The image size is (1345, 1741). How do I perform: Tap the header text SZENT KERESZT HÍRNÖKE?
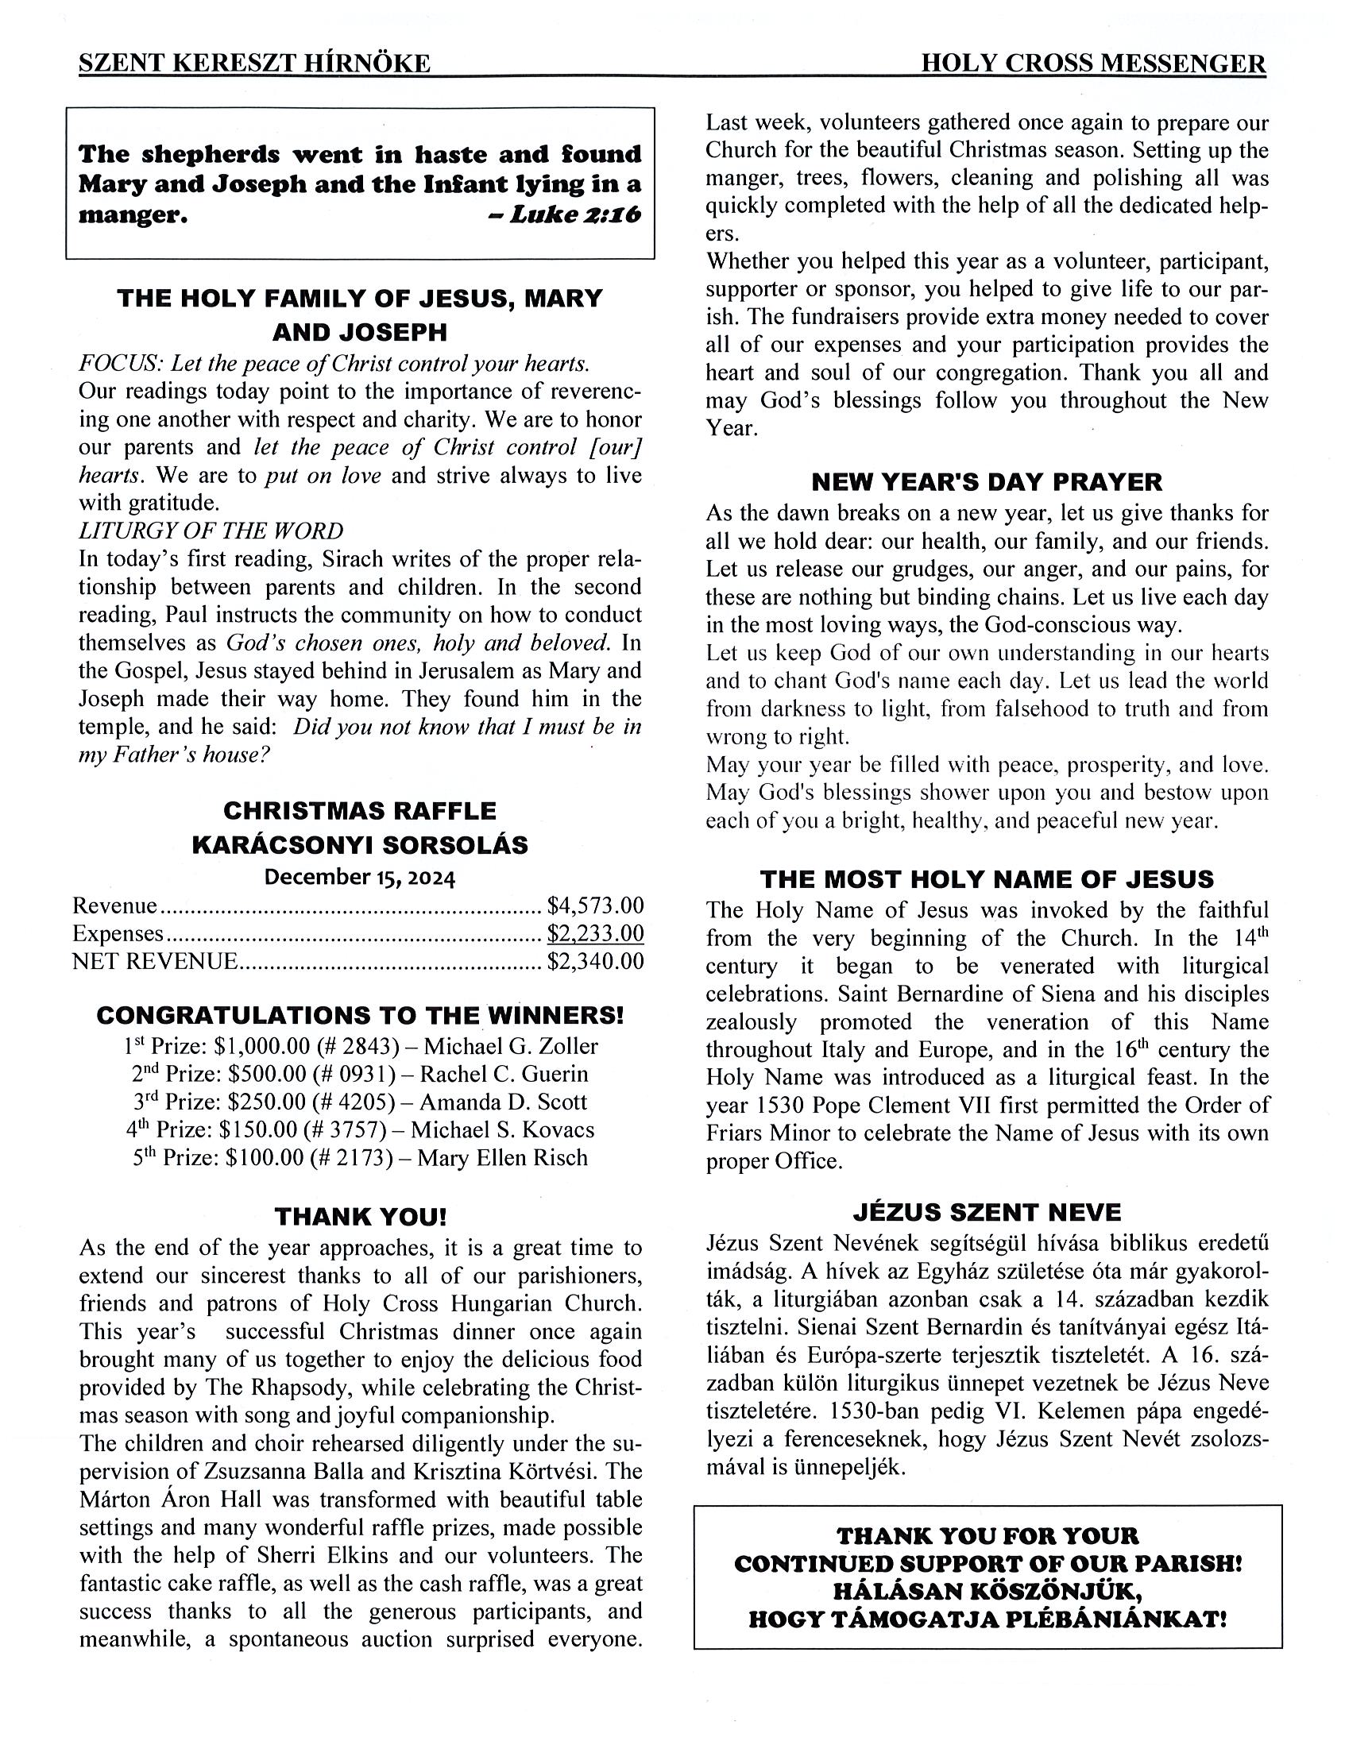click(x=254, y=64)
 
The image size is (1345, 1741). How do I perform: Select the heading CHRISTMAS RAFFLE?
click(x=360, y=811)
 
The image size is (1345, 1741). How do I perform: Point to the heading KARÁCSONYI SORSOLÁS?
click(x=360, y=845)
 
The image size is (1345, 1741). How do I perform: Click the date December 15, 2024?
click(x=360, y=878)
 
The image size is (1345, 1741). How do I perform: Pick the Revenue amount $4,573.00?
click(x=595, y=905)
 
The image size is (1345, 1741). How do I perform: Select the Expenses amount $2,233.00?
click(x=595, y=933)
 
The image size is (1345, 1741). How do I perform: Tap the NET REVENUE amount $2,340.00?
click(x=595, y=961)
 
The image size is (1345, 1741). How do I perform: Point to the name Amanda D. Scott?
click(x=503, y=1102)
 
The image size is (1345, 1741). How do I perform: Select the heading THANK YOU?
click(x=361, y=1217)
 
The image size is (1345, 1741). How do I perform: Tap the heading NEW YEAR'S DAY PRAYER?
click(x=986, y=482)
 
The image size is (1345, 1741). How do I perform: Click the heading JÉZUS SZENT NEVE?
click(x=986, y=1213)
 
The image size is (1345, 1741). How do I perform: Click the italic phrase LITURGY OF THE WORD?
click(x=211, y=531)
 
